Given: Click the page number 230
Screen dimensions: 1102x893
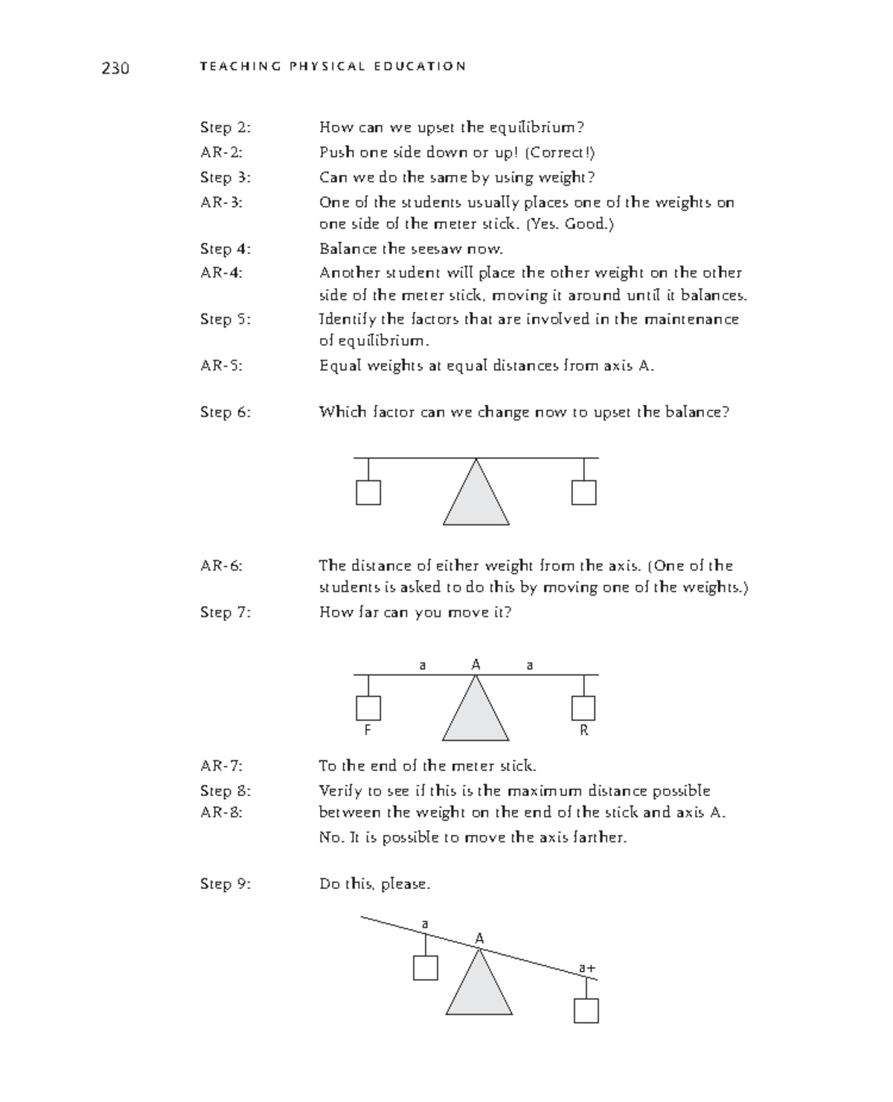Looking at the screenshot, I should (x=115, y=69).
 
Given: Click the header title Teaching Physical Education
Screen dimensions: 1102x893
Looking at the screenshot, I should (x=333, y=66).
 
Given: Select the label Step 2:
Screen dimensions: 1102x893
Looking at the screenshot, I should (x=225, y=127).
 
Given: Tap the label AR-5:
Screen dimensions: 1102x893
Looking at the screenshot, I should (x=221, y=366).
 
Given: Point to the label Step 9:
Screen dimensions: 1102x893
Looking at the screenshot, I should (x=225, y=884).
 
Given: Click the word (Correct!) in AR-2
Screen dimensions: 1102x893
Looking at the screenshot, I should (x=560, y=153).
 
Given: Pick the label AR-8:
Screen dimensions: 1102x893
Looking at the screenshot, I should (x=221, y=812).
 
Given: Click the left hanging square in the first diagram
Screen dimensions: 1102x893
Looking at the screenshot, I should (x=368, y=492).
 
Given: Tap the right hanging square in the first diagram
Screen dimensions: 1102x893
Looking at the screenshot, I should (x=583, y=492).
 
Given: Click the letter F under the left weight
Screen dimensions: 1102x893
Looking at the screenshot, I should (x=367, y=730).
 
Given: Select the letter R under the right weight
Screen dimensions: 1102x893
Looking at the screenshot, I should (x=583, y=730).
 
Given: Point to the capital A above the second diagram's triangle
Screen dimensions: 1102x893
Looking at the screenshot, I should (x=476, y=664).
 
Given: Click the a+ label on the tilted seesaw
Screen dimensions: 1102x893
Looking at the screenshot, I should (x=587, y=968).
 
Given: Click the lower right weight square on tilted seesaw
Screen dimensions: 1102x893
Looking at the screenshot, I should (x=586, y=1010).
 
